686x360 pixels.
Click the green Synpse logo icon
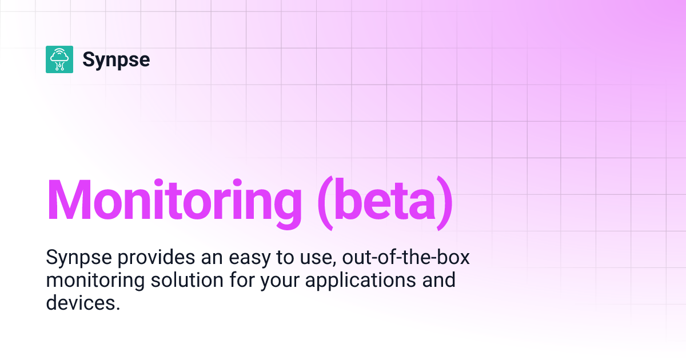[x=59, y=59]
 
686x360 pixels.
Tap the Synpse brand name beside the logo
[x=116, y=59]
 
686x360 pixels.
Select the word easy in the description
[x=242, y=258]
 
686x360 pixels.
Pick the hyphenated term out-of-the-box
[x=405, y=258]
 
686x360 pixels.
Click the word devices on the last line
[x=82, y=303]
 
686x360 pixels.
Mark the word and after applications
[x=439, y=281]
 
